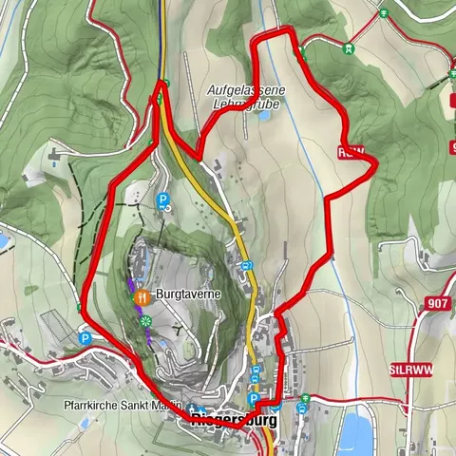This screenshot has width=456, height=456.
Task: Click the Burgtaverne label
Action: [x=189, y=295]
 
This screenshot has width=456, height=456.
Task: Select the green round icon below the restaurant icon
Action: [x=145, y=323]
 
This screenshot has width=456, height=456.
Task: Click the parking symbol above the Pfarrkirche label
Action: [x=85, y=337]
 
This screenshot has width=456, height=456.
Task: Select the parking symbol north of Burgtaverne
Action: [x=162, y=200]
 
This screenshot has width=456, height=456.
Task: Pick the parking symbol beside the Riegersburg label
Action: [x=254, y=399]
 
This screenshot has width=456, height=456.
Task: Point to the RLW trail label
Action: [x=350, y=151]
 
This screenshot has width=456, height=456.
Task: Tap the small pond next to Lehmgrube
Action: [x=263, y=118]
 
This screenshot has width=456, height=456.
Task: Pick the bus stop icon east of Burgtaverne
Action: [x=245, y=266]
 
